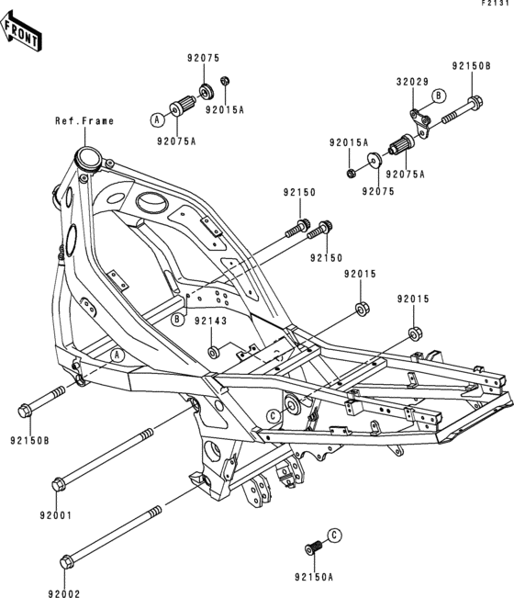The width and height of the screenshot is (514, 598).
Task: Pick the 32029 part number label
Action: pos(412,82)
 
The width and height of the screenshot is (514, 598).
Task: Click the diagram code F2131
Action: pos(497,5)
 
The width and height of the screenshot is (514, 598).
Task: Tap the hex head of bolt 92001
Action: pos(59,481)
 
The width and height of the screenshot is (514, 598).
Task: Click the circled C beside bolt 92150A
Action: pos(335,535)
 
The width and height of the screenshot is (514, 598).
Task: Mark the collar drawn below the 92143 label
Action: pos(213,352)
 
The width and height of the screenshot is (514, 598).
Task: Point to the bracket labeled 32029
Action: pos(419,118)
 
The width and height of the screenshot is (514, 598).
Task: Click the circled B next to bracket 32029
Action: pos(439,96)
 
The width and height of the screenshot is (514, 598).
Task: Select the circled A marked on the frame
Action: pos(117,355)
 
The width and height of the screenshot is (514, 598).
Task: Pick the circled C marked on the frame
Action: pos(273,416)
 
